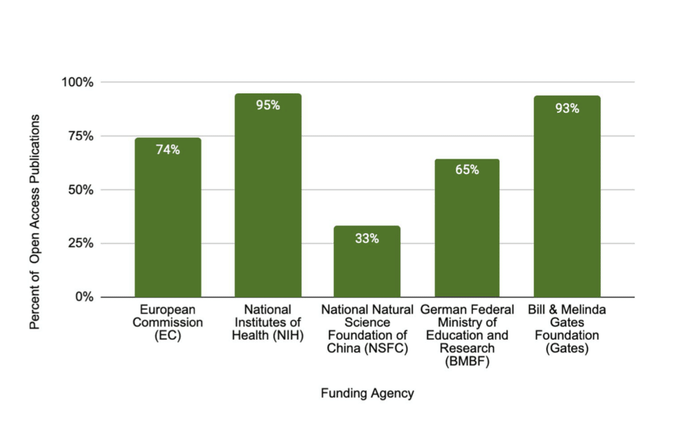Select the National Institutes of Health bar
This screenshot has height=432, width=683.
(267, 200)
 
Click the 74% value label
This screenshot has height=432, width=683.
(167, 150)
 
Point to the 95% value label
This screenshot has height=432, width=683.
(267, 105)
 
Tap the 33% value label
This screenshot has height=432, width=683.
(367, 238)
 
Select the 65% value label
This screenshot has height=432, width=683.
(467, 170)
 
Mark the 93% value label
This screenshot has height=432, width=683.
(567, 108)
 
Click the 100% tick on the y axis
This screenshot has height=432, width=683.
(78, 82)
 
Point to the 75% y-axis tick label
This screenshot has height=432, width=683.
(81, 136)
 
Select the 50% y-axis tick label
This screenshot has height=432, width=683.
(81, 190)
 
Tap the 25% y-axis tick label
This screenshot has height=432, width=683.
(81, 243)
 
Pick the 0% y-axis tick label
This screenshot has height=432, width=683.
(83, 296)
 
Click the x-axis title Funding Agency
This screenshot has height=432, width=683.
(367, 393)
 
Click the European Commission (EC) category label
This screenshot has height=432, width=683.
(167, 322)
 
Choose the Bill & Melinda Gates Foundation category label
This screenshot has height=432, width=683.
(567, 329)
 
